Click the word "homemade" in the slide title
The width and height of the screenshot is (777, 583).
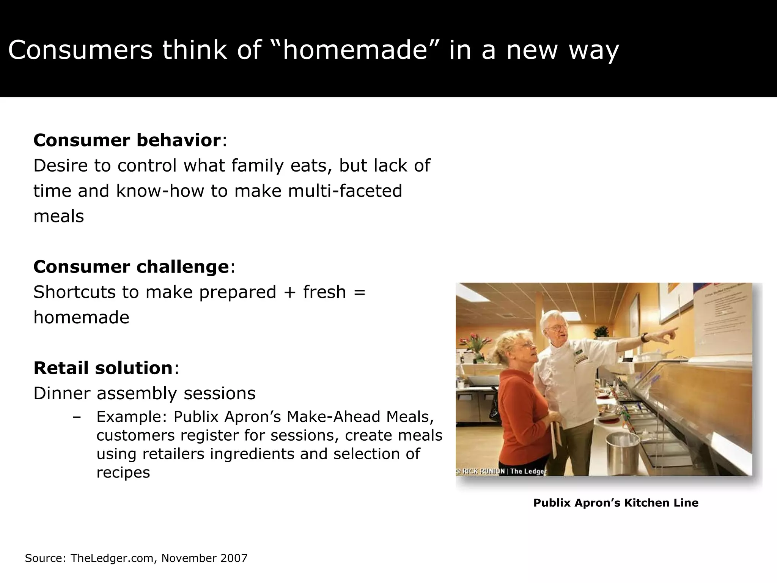355,50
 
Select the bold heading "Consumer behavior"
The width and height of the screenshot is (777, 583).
127,140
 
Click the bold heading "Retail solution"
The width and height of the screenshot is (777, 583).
103,368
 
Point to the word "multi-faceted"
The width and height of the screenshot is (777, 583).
345,191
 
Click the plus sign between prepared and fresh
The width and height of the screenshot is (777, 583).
289,292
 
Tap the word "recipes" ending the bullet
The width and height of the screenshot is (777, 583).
123,473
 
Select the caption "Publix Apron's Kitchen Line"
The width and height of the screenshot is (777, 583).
615,503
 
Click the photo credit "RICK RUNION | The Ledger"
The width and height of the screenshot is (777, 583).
501,471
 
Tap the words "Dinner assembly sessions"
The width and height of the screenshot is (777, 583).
145,393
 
